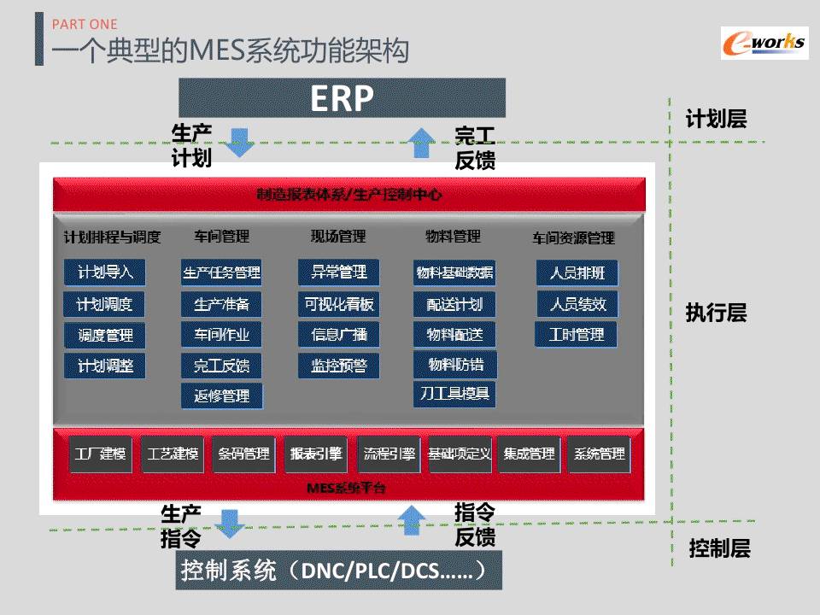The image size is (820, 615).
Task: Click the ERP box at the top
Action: click(342, 98)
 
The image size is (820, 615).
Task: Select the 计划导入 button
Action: click(105, 272)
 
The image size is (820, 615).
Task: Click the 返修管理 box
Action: click(222, 395)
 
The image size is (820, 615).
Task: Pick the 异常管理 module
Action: click(339, 272)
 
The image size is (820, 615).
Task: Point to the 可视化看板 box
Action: click(339, 303)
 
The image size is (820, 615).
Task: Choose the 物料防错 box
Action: click(454, 365)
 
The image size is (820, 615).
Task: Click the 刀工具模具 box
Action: click(454, 394)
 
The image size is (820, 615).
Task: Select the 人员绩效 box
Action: click(577, 303)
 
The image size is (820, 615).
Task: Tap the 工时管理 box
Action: click(576, 335)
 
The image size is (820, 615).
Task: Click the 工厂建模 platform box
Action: click(101, 454)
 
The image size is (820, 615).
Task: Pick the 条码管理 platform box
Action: click(243, 454)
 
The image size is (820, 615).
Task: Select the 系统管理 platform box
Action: click(599, 454)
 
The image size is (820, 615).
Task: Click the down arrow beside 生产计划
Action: click(240, 142)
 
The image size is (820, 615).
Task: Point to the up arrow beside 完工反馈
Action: click(419, 142)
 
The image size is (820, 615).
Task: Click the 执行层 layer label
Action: click(716, 313)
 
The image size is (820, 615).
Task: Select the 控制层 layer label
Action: click(719, 548)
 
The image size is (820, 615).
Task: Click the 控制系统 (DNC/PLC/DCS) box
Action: click(339, 570)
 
